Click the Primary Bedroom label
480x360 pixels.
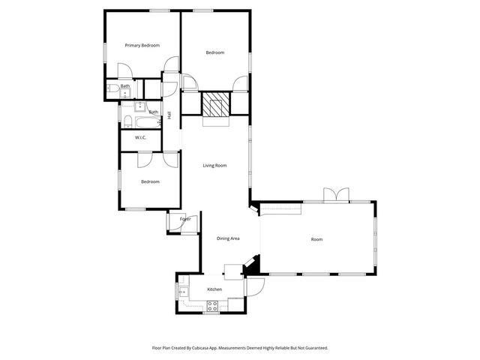tap(142, 46)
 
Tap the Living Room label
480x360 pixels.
tap(214, 165)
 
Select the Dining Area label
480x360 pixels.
tap(228, 238)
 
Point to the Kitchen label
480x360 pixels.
tap(214, 289)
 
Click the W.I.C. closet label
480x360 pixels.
tap(140, 138)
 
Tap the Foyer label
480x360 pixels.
tap(184, 219)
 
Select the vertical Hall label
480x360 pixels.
tap(169, 115)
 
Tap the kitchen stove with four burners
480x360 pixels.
tap(212, 304)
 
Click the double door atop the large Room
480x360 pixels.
tap(335, 196)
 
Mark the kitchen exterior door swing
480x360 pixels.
tap(253, 286)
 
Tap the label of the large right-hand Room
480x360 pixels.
tap(316, 239)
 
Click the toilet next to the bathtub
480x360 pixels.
tap(125, 121)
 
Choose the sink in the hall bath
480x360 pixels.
tap(140, 106)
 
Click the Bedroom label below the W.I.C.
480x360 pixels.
tap(150, 181)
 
